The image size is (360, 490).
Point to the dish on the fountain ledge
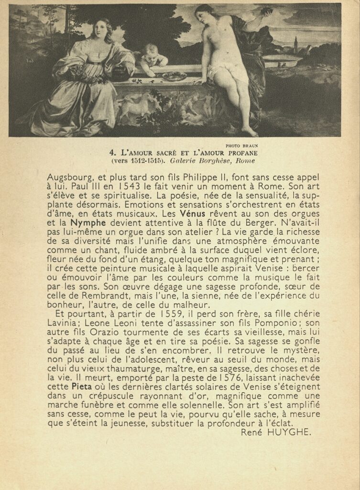(174, 76)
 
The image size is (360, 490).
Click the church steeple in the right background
(296, 44)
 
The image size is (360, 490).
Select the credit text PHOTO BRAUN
(241, 146)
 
